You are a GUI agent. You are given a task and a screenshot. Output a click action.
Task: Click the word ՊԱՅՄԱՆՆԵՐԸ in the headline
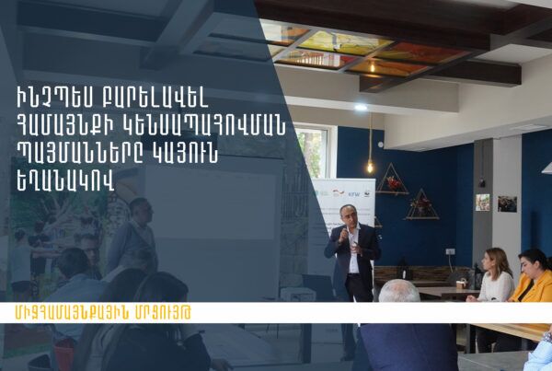[76, 155]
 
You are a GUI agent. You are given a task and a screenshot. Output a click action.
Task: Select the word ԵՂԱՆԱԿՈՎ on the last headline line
[66, 182]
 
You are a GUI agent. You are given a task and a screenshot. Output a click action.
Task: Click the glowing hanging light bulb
[370, 167]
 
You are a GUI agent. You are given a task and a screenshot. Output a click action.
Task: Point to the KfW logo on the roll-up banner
[354, 194]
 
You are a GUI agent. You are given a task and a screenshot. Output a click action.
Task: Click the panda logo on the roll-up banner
[367, 193]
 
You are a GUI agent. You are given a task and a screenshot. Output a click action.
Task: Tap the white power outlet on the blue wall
[450, 251]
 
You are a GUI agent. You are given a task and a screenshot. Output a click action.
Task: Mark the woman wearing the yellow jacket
[532, 276]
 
